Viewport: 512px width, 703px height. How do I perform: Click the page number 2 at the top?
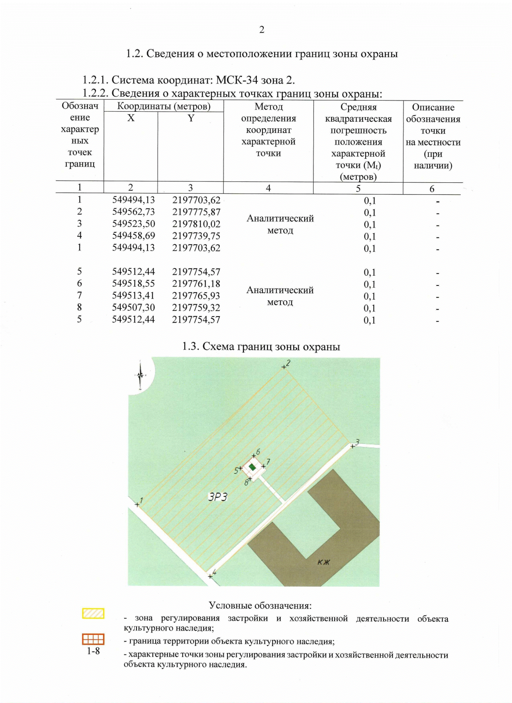262,30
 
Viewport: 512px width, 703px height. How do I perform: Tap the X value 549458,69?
134,236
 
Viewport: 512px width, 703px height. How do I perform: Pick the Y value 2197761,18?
196,284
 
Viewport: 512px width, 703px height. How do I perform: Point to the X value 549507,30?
134,308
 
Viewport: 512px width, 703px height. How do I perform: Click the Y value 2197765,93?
196,296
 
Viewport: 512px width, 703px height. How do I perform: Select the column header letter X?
131,118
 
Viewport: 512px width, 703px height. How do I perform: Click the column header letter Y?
191,118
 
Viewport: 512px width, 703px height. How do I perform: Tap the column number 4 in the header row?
268,188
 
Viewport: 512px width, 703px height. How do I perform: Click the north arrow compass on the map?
140,375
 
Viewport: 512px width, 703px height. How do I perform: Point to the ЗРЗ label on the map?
218,496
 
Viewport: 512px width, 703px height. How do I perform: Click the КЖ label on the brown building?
324,562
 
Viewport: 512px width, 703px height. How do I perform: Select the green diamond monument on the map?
252,467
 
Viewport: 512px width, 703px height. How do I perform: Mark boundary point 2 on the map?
284,367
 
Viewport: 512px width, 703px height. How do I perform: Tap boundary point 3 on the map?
353,446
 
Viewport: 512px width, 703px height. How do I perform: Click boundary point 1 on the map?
137,505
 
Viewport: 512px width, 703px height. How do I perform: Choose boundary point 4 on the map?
210,576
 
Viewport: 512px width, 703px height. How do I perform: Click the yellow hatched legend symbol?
93,614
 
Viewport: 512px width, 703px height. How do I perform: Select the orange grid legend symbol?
93,639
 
